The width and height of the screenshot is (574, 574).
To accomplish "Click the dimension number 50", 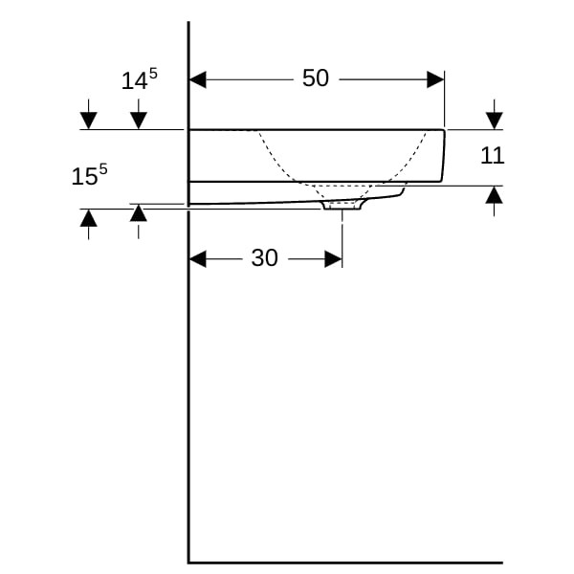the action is [315, 78].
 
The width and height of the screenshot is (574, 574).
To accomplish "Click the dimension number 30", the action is [264, 257].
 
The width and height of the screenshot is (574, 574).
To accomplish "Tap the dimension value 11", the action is [492, 156].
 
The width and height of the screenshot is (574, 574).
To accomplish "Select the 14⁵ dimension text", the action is [139, 79].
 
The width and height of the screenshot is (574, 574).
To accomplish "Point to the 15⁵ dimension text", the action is [90, 175].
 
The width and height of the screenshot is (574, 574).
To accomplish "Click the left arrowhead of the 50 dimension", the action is [198, 79].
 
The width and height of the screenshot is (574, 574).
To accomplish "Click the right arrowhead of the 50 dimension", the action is [435, 79].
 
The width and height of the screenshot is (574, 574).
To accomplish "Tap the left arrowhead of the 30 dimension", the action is [198, 259].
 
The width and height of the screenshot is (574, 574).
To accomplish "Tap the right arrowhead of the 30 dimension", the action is [334, 259].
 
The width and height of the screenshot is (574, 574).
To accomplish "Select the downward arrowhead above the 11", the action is [495, 121].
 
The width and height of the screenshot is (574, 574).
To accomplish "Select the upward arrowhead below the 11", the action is [495, 195].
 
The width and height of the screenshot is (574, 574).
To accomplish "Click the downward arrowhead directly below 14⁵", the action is [139, 121].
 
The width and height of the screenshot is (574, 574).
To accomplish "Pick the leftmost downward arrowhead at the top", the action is [89, 121].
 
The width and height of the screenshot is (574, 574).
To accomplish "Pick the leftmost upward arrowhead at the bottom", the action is [89, 218].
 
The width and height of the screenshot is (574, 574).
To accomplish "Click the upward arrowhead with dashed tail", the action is [139, 212].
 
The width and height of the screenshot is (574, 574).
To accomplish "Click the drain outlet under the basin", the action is [342, 206].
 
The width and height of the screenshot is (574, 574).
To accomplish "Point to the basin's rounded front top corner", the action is [444, 131].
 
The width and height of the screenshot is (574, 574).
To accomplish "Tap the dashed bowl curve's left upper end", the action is [259, 132].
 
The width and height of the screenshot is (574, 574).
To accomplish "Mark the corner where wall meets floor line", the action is [188, 563].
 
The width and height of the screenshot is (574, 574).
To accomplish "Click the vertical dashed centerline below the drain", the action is [342, 238].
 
